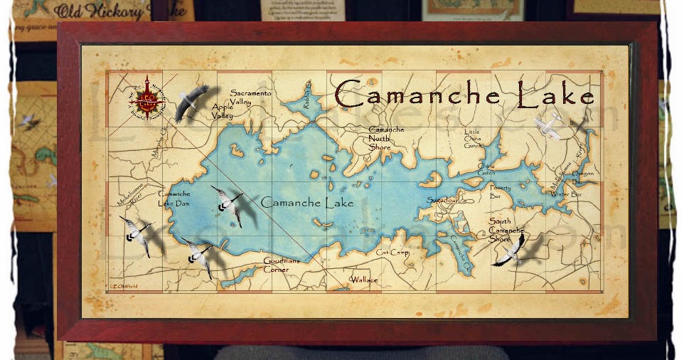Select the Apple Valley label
point(223,111)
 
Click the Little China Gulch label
point(473,139)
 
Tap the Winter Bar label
point(566,194)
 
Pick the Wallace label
point(364,280)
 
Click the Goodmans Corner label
point(281,265)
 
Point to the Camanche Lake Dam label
point(173,198)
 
